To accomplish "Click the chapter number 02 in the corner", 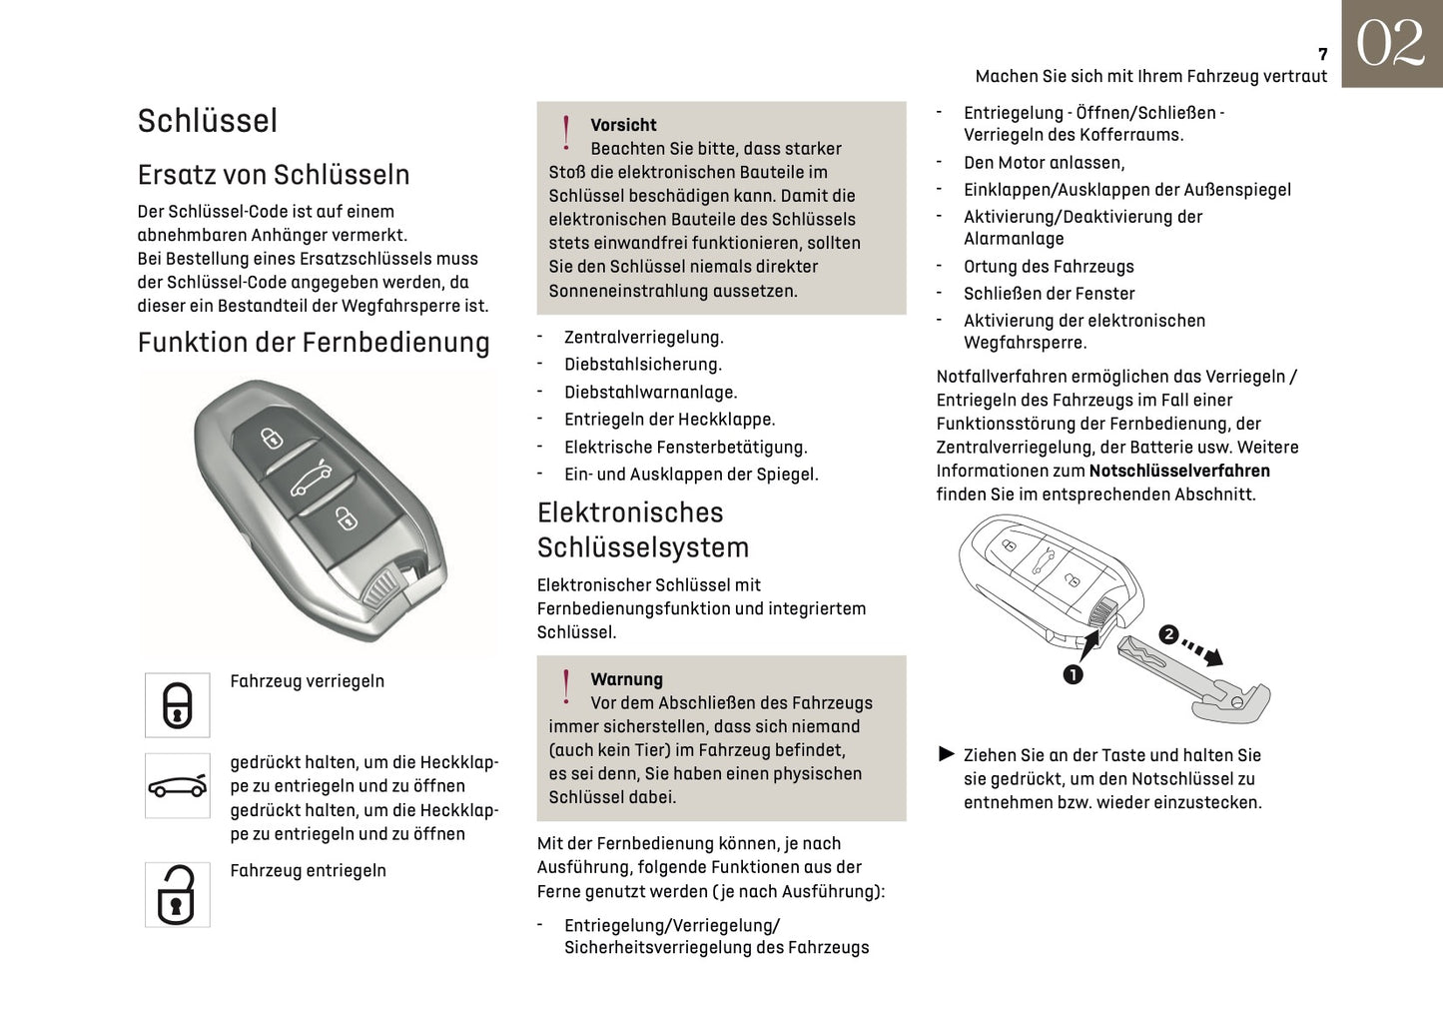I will tap(1391, 44).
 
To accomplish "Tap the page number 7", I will tap(1322, 55).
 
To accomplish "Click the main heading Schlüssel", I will tap(208, 121).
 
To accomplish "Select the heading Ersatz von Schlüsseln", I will tap(274, 175).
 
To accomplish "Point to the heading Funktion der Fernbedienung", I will tap(314, 343).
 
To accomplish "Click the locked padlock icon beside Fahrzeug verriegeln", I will tap(178, 705).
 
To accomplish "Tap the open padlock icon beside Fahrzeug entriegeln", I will tap(178, 895).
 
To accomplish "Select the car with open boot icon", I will tap(178, 786).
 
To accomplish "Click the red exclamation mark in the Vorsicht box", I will tap(566, 133).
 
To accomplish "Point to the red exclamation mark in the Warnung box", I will tap(566, 687).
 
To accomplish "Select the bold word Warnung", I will tap(626, 679).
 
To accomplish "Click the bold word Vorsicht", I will tap(623, 125).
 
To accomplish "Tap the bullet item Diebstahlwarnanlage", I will tap(650, 393).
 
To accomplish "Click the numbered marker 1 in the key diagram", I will tap(1073, 675).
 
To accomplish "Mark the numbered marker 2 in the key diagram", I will tap(1167, 634).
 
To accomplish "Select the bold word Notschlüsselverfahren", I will tap(1179, 471).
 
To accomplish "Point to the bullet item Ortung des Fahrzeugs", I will tap(1049, 267).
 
